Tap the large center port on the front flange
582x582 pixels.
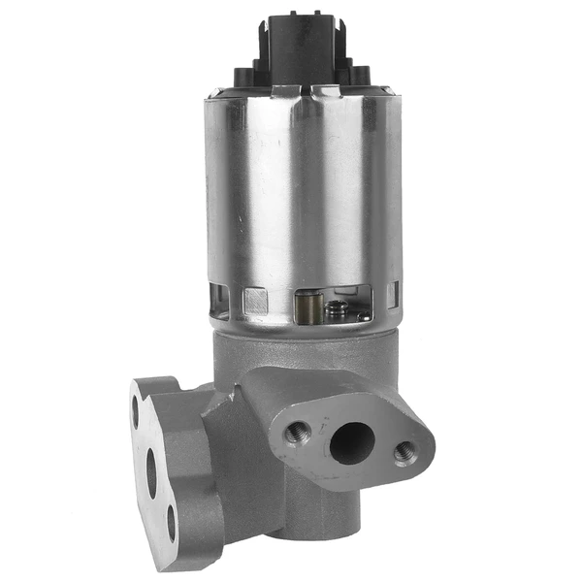(x=351, y=443)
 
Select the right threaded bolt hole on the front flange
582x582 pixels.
(x=404, y=452)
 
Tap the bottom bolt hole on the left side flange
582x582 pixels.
(x=171, y=523)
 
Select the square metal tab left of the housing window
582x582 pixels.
(x=256, y=301)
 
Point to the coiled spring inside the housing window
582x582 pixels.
(x=334, y=309)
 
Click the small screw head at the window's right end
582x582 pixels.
(x=363, y=313)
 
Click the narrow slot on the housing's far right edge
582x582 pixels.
(x=393, y=294)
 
